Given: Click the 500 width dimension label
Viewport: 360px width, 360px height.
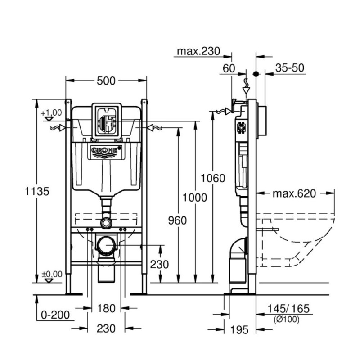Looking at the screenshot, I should pos(106,81).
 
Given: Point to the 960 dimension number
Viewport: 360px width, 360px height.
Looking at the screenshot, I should pos(172,220).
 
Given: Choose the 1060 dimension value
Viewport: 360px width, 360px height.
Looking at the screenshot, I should pos(213,179).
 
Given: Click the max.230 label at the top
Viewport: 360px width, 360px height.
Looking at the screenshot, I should pos(198,51).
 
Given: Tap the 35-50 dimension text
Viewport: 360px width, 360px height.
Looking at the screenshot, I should pos(290,68).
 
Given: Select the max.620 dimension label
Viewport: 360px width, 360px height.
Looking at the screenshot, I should pos(294,194).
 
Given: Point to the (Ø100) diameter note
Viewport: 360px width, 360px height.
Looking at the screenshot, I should pos(286,319).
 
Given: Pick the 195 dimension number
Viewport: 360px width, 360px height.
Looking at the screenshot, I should pos(239,330).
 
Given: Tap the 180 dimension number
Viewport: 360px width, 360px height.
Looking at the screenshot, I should pos(106,309).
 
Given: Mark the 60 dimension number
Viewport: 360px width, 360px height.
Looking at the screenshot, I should pos(229,68).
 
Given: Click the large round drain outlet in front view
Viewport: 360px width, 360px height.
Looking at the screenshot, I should pos(106,246).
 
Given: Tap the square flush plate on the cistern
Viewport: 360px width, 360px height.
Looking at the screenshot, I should pos(106,120).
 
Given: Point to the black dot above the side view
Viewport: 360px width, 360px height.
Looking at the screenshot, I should pos(256,73).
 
